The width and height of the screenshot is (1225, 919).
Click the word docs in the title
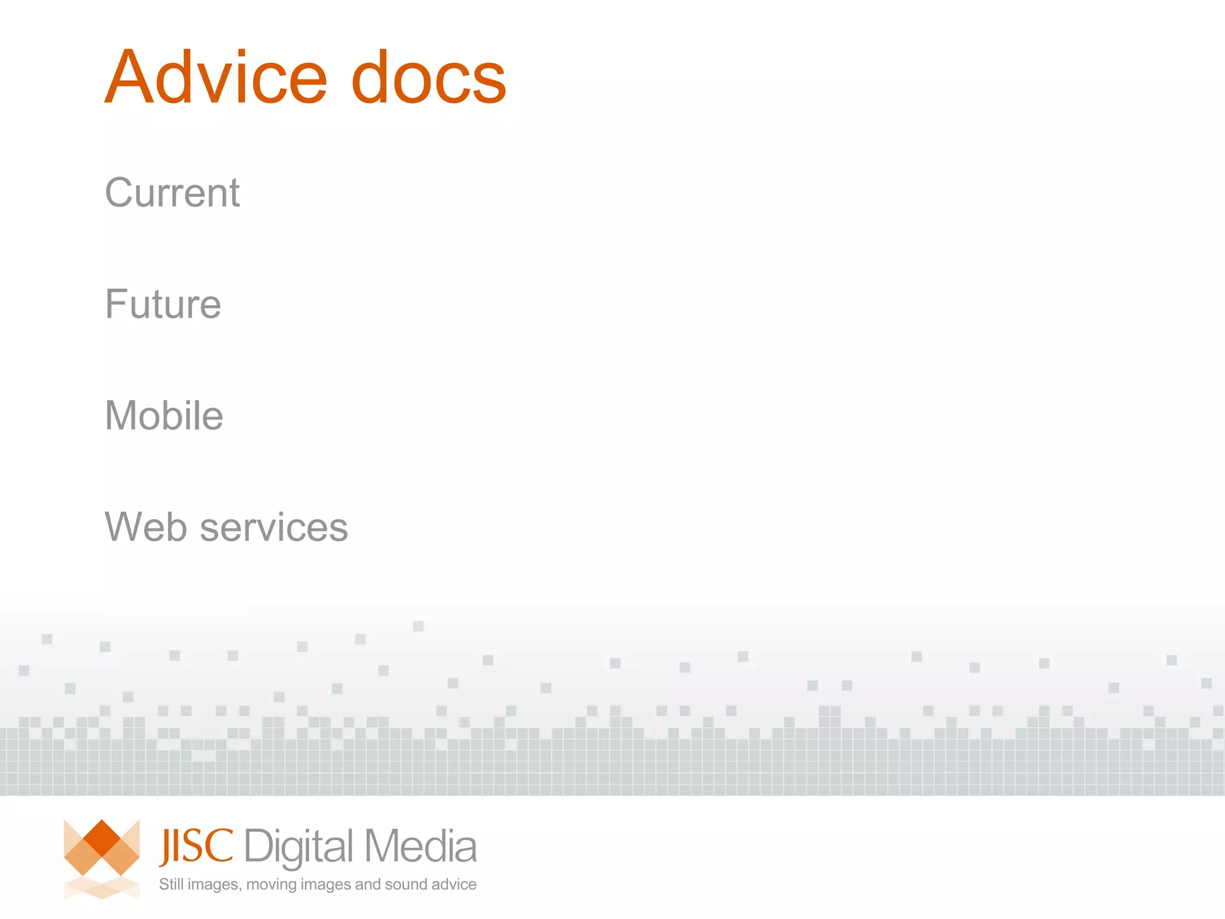coord(429,78)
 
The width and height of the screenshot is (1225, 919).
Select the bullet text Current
coord(172,193)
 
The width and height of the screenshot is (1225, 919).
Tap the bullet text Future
coord(163,304)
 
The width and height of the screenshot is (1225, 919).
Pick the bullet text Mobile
coord(164,415)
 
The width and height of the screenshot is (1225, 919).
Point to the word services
coord(273,528)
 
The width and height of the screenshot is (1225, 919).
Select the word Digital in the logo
coord(299,847)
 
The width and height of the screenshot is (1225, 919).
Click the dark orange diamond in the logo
coord(102,838)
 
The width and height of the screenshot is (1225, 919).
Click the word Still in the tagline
coord(171,884)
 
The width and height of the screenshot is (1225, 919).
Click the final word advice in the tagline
coord(454,884)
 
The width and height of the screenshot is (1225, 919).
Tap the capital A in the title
coord(127,78)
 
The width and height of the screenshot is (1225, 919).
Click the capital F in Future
coord(115,304)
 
